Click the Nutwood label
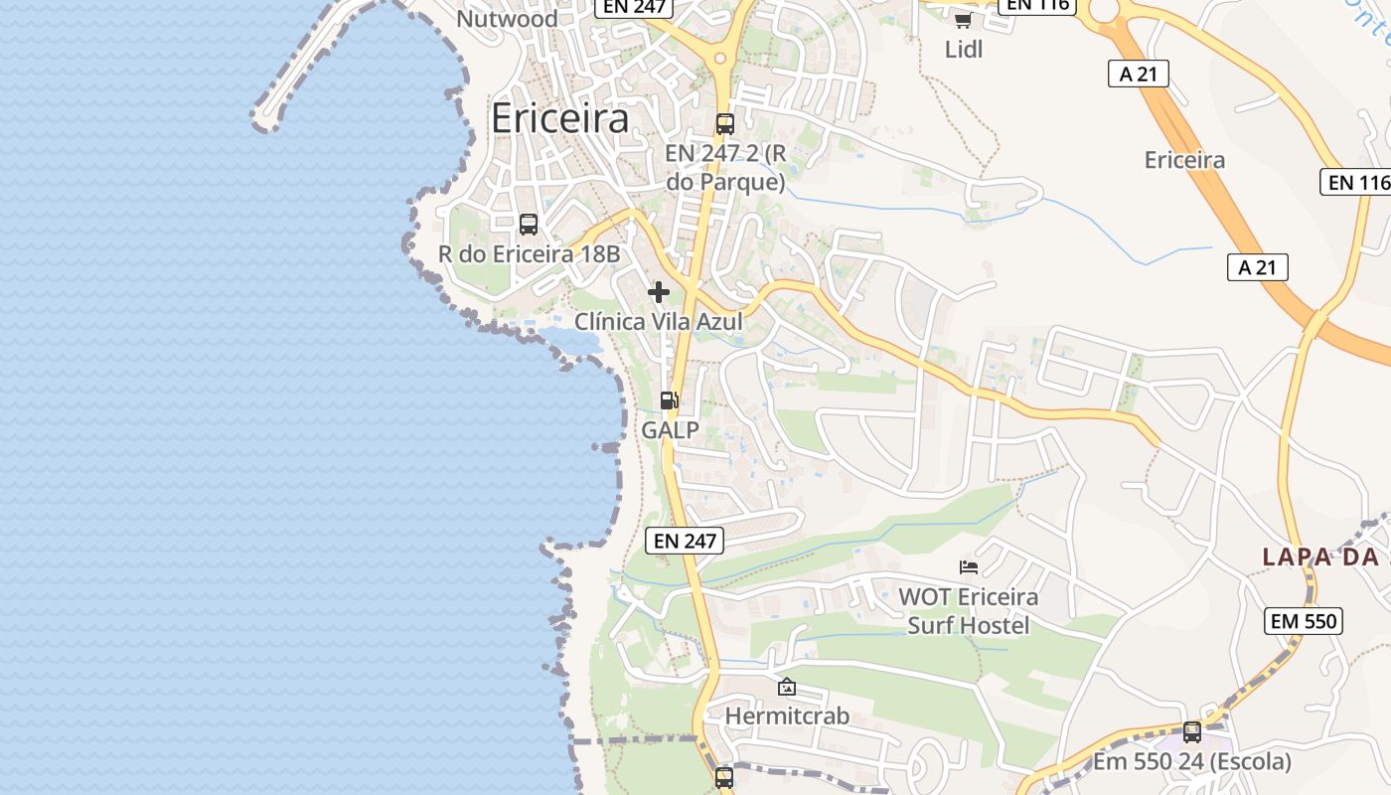(507, 18)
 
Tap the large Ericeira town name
(560, 118)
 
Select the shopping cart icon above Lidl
(962, 20)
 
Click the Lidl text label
(963, 49)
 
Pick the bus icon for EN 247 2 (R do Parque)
(725, 124)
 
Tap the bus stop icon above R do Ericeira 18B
(529, 225)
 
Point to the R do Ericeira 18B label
(529, 254)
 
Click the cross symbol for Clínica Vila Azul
(658, 292)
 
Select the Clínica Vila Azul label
(658, 321)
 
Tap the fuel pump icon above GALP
(670, 400)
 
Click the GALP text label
(670, 429)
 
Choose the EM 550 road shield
(1305, 621)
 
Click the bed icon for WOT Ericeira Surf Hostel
(969, 567)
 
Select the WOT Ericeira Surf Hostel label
(969, 611)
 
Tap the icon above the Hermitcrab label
(787, 687)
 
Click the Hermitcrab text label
(787, 715)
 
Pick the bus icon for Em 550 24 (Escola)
(1192, 732)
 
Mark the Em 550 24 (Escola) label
(1192, 762)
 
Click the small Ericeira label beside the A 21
(1184, 160)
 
